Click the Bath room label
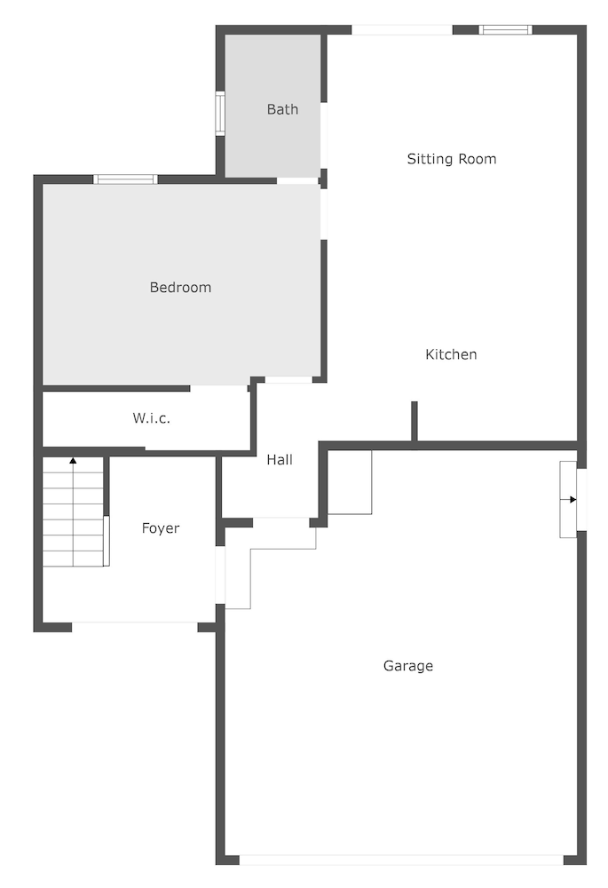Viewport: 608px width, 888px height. point(282,109)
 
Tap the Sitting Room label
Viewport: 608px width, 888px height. point(452,159)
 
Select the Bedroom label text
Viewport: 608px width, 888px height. point(180,287)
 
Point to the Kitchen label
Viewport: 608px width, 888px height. point(451,354)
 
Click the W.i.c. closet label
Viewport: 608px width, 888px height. point(151,418)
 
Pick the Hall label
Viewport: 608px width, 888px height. point(280,459)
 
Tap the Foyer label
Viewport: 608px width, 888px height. point(160,528)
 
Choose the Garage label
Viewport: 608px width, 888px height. point(408,666)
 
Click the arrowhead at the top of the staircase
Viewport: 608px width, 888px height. point(73,461)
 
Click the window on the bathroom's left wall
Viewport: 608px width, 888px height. point(220,114)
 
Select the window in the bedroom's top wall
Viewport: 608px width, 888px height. point(126,179)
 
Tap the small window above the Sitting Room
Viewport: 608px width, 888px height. point(506,30)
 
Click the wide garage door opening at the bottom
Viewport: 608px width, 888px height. point(401,860)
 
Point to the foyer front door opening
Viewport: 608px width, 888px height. point(135,627)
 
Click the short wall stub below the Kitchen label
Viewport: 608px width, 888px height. point(415,421)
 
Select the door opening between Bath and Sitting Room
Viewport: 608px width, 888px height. point(324,135)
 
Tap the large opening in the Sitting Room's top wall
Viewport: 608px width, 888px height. point(402,30)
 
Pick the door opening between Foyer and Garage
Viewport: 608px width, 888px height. point(220,575)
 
